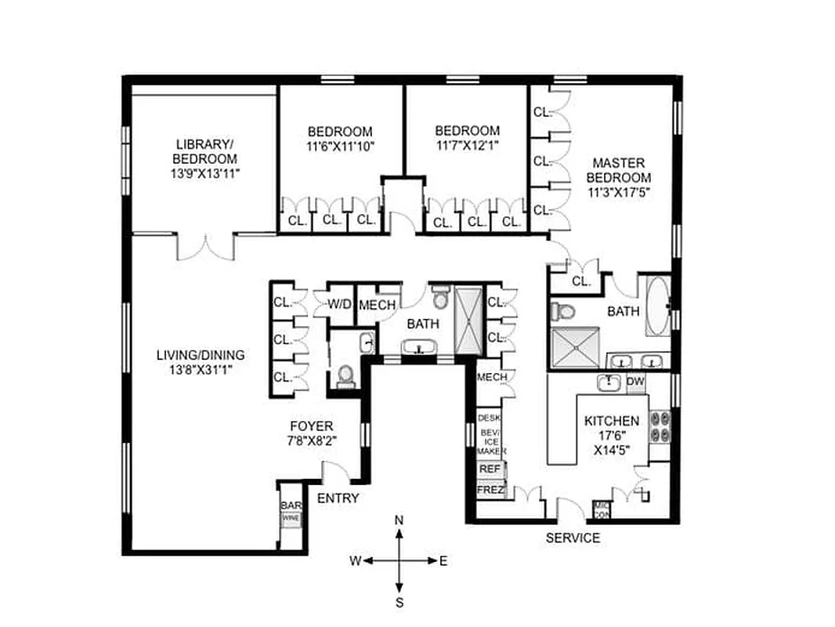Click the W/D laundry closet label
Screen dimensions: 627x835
pyautogui.click(x=338, y=303)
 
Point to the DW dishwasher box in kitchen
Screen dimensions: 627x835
pyautogui.click(x=635, y=382)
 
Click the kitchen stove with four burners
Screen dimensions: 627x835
pyautogui.click(x=659, y=427)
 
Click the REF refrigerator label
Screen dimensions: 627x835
pyautogui.click(x=490, y=468)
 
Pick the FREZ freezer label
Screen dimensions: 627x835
pyautogui.click(x=490, y=491)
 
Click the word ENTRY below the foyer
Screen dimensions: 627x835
pyautogui.click(x=338, y=498)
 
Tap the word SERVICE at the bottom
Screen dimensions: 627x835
pyautogui.click(x=573, y=538)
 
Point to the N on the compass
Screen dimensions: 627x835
pyautogui.click(x=399, y=520)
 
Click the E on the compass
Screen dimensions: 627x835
pyautogui.click(x=443, y=560)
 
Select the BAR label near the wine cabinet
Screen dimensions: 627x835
pyautogui.click(x=290, y=506)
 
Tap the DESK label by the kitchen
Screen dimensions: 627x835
pyautogui.click(x=489, y=418)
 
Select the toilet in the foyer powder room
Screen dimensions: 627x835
pyautogui.click(x=344, y=378)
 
